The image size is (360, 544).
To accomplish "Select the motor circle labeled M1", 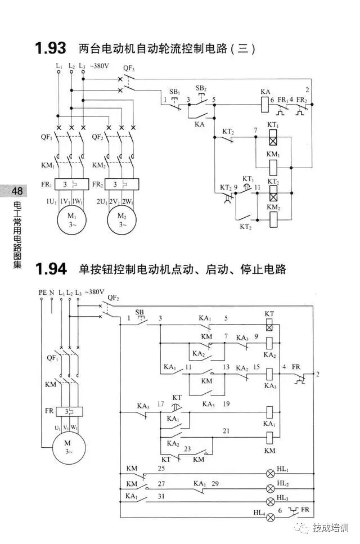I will click(x=71, y=220).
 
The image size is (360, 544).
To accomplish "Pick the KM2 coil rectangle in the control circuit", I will click(x=273, y=221).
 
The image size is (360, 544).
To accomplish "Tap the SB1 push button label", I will click(x=174, y=91).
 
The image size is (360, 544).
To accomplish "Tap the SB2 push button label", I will click(x=201, y=88).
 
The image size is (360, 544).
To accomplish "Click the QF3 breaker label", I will click(x=129, y=68).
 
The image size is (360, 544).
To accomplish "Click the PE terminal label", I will click(x=42, y=293).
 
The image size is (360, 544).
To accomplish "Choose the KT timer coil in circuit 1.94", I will click(x=269, y=325).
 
